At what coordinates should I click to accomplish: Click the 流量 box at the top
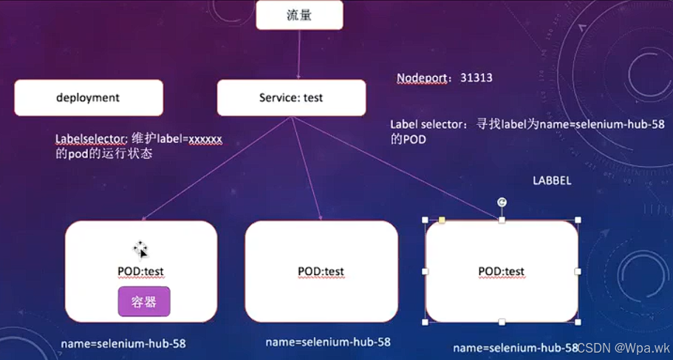click(x=299, y=15)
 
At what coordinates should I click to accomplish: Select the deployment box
click(x=88, y=98)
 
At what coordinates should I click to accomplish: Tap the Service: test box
click(x=291, y=98)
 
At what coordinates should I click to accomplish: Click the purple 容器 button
click(x=144, y=302)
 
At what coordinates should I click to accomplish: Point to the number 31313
click(x=476, y=78)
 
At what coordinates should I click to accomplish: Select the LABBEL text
click(x=551, y=180)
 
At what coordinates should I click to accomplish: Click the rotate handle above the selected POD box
click(x=502, y=202)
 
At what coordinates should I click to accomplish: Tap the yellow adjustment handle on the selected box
click(x=442, y=220)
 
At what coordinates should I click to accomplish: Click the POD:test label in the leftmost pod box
click(x=140, y=271)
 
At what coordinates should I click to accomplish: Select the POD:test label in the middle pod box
click(x=321, y=271)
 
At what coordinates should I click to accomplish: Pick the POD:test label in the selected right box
click(x=502, y=271)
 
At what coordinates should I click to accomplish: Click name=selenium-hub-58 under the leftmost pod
click(x=123, y=344)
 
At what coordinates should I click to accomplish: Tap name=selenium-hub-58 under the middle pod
click(x=328, y=342)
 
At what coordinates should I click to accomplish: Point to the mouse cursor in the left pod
click(x=140, y=249)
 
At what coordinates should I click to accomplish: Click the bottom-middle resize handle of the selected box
click(x=502, y=322)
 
